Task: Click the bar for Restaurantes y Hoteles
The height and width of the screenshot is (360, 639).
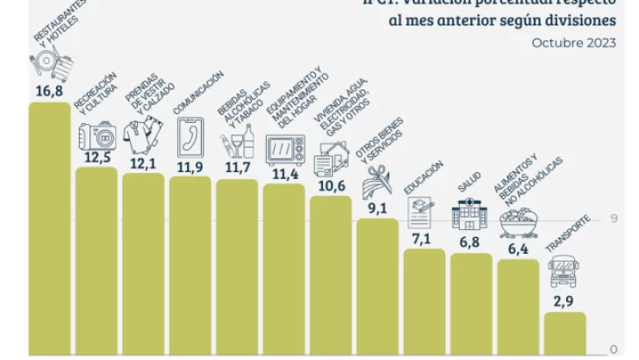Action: click(49, 228)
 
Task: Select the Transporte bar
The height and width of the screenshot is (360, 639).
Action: click(565, 334)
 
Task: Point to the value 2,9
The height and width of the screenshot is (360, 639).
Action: click(565, 301)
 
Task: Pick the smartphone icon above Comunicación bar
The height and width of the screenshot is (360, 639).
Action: click(190, 137)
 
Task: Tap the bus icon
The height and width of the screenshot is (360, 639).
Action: click(564, 272)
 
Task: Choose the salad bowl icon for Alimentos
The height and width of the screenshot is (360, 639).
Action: click(518, 223)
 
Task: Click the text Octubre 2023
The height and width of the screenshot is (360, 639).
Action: click(573, 42)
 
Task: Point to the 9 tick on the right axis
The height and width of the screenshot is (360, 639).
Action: click(614, 219)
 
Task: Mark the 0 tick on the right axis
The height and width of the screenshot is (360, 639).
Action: click(614, 349)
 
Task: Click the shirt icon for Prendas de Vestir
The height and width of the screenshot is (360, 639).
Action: click(142, 136)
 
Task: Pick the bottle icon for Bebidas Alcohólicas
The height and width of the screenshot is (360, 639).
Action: click(248, 140)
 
